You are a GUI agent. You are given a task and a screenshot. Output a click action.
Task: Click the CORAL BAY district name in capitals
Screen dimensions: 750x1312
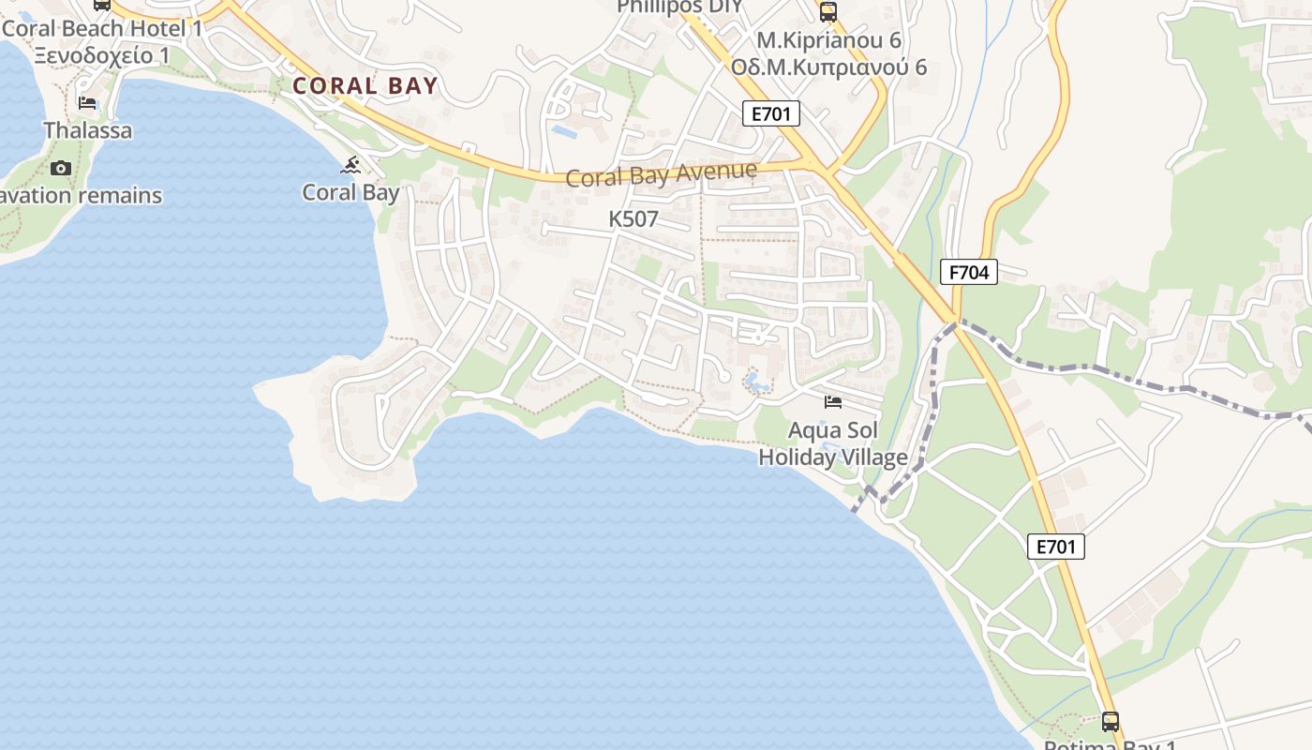tap(365, 86)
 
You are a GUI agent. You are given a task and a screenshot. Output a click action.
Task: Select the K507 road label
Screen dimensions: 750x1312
tap(634, 219)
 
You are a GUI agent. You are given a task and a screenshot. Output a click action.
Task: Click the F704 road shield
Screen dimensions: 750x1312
tap(969, 273)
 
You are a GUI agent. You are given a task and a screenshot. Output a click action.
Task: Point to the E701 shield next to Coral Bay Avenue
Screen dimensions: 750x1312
tap(771, 114)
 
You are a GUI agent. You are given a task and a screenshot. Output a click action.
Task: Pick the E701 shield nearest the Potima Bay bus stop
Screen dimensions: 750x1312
tap(1056, 547)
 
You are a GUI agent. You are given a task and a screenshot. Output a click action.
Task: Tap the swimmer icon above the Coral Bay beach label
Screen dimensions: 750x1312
tap(351, 166)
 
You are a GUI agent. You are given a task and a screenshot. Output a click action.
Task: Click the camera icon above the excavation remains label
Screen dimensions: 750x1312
tap(61, 168)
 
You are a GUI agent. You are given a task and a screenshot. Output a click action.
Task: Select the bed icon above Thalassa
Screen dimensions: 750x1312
tap(87, 103)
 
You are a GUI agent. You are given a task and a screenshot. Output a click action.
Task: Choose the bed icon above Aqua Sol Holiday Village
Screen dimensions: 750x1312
tap(832, 402)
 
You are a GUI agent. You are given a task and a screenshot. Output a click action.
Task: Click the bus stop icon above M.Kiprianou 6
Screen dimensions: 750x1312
tap(828, 12)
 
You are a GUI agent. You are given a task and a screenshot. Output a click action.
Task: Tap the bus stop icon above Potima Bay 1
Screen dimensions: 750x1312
tap(1111, 721)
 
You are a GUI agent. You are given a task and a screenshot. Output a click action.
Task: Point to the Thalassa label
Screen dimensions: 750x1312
tap(87, 130)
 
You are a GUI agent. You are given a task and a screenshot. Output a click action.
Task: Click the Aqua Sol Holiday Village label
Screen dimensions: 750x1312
tap(832, 444)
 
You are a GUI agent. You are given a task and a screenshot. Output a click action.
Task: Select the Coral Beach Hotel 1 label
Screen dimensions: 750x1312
tap(102, 28)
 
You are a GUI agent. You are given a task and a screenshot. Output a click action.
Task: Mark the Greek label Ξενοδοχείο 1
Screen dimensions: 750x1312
tap(102, 55)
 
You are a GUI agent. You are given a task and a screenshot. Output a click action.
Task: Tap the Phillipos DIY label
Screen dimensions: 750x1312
tap(679, 7)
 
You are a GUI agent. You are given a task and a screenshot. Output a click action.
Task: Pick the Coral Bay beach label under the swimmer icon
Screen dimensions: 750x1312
tap(351, 193)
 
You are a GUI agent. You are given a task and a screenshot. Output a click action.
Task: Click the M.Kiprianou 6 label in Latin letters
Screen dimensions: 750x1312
tap(828, 40)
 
